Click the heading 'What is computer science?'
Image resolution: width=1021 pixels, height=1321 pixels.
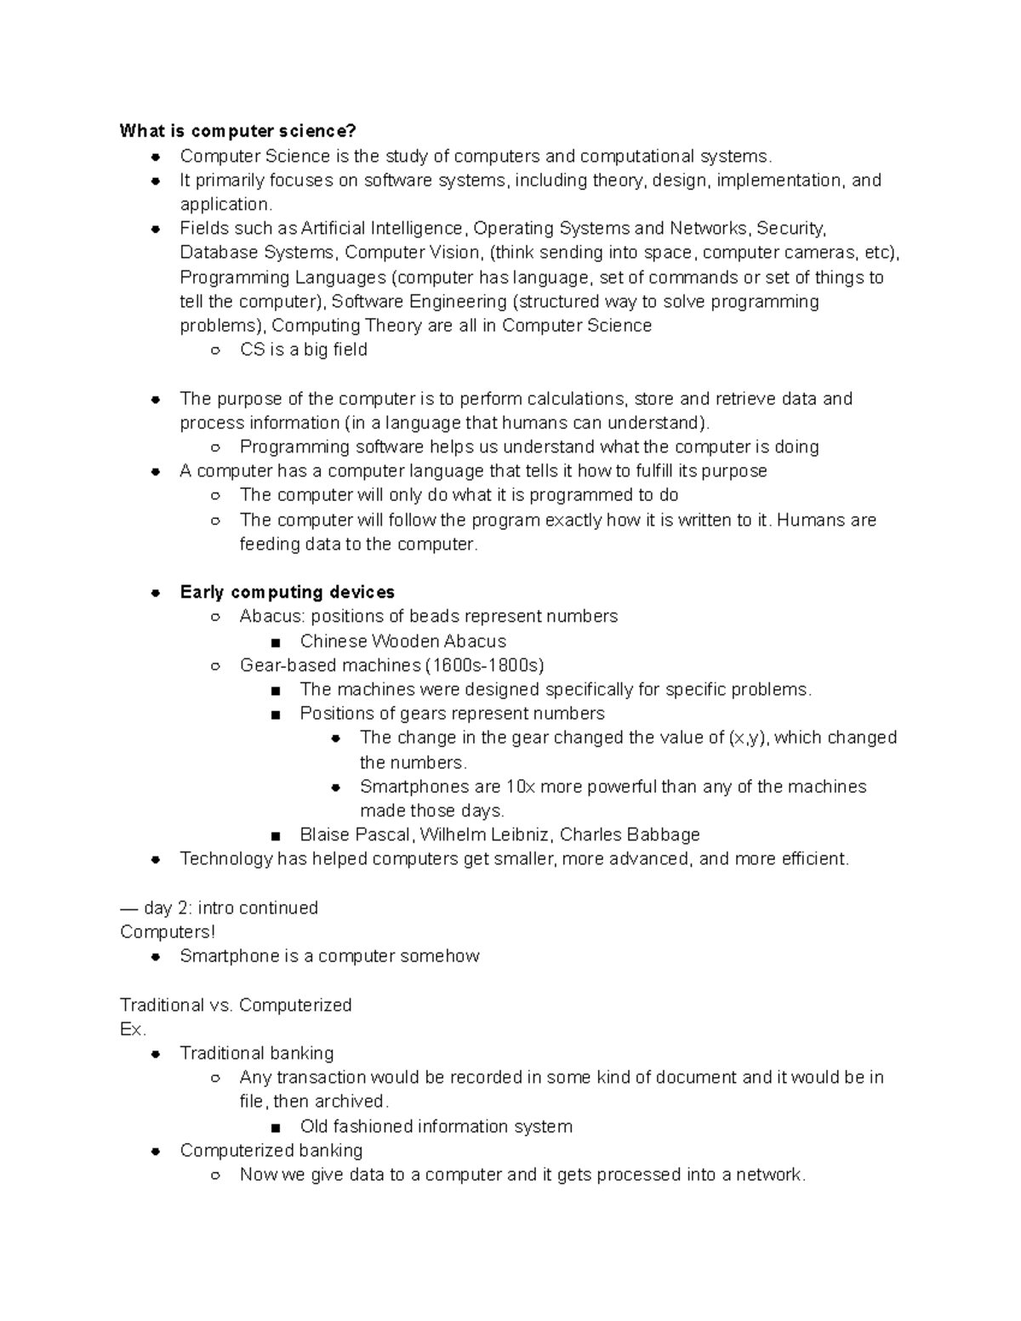(x=237, y=131)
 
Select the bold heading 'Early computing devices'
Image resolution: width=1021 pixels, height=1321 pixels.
(x=287, y=592)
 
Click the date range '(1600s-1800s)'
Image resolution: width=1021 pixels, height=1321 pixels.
(x=484, y=665)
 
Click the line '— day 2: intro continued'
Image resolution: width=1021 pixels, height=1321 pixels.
(x=219, y=908)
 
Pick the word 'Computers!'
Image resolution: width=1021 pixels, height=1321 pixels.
(x=168, y=931)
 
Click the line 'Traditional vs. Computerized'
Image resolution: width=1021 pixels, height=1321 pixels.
(x=236, y=1005)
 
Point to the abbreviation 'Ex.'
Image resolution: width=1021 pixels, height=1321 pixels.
(x=133, y=1029)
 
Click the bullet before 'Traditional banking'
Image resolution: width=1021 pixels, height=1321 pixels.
(x=156, y=1054)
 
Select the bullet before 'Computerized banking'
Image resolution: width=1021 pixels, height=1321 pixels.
(x=156, y=1152)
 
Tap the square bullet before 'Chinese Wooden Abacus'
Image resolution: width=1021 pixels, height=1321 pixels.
(x=275, y=642)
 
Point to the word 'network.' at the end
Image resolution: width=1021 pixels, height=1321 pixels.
(x=771, y=1175)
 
